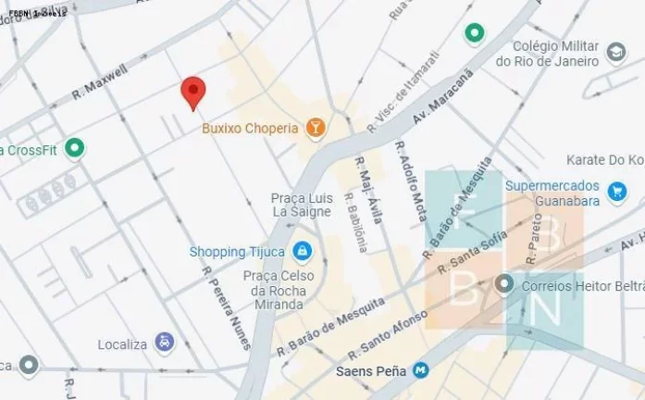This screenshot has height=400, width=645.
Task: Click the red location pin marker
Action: pyautogui.click(x=192, y=92)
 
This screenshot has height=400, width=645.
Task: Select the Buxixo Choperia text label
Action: pyautogui.click(x=250, y=129)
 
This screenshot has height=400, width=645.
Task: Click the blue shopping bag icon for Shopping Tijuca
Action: pyautogui.click(x=302, y=251)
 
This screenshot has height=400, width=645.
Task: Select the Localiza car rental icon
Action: pyautogui.click(x=164, y=344)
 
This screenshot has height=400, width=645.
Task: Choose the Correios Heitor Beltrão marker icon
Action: pyautogui.click(x=504, y=284)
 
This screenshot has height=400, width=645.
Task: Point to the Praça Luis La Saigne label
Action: pyautogui.click(x=302, y=206)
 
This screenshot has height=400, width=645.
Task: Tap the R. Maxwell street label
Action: pyautogui.click(x=99, y=82)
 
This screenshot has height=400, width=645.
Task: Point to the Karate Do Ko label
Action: pyautogui.click(x=606, y=160)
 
